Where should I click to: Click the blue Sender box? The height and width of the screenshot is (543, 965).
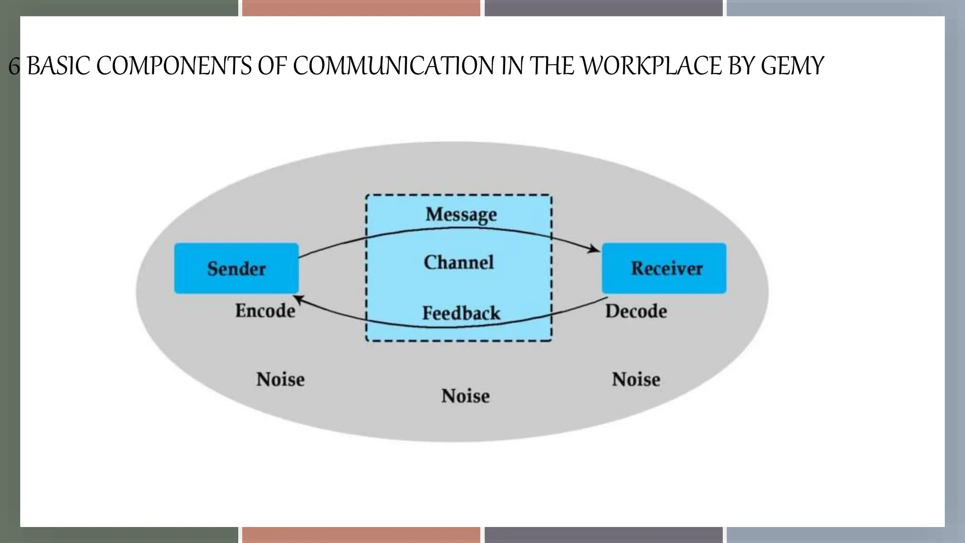pyautogui.click(x=236, y=268)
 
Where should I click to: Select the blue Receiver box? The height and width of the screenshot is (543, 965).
pyautogui.click(x=664, y=268)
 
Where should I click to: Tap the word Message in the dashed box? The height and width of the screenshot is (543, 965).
pyautogui.click(x=461, y=214)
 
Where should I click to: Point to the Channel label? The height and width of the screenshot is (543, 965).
pyautogui.click(x=458, y=263)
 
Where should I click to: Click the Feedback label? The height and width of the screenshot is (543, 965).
pyautogui.click(x=461, y=313)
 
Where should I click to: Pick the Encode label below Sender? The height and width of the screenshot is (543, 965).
pyautogui.click(x=265, y=311)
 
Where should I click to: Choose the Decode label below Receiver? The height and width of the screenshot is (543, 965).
pyautogui.click(x=636, y=312)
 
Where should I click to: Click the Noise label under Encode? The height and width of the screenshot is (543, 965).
pyautogui.click(x=280, y=379)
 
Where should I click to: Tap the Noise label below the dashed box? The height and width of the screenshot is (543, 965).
pyautogui.click(x=465, y=396)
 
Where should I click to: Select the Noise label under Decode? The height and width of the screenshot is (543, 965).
pyautogui.click(x=636, y=379)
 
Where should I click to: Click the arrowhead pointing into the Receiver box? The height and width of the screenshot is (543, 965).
pyautogui.click(x=595, y=249)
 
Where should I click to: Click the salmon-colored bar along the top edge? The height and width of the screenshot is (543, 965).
pyautogui.click(x=361, y=8)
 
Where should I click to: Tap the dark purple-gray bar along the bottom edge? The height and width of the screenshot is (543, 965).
pyautogui.click(x=603, y=535)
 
